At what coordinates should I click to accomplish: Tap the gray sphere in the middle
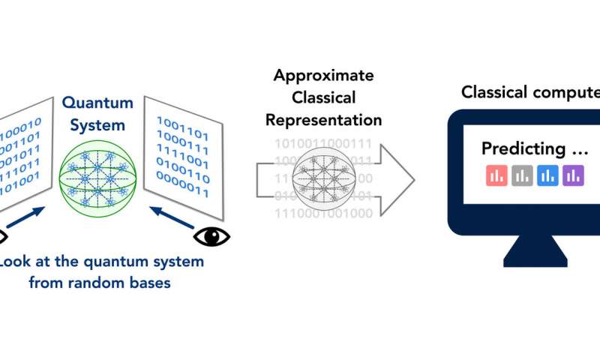pos(325,178)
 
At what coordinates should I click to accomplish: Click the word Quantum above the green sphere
pos(97,103)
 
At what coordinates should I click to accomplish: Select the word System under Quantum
pos(97,124)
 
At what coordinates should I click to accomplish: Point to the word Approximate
pos(324,75)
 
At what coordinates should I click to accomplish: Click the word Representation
pos(324,120)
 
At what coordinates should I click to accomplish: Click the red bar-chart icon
pos(496,175)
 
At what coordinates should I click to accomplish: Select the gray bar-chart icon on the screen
pos(522,175)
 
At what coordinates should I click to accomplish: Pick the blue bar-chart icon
pos(547,175)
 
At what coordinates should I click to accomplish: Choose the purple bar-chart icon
pos(573,175)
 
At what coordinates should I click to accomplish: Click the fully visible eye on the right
pos(211,236)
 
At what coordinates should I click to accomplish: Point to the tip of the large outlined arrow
pos(412,178)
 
